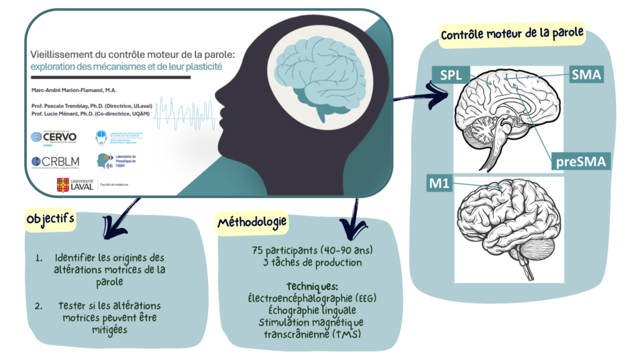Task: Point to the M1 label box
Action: point(440,184)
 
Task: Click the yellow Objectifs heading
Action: point(51,219)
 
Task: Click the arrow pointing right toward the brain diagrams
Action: point(425,94)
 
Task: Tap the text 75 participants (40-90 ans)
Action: point(312,250)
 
